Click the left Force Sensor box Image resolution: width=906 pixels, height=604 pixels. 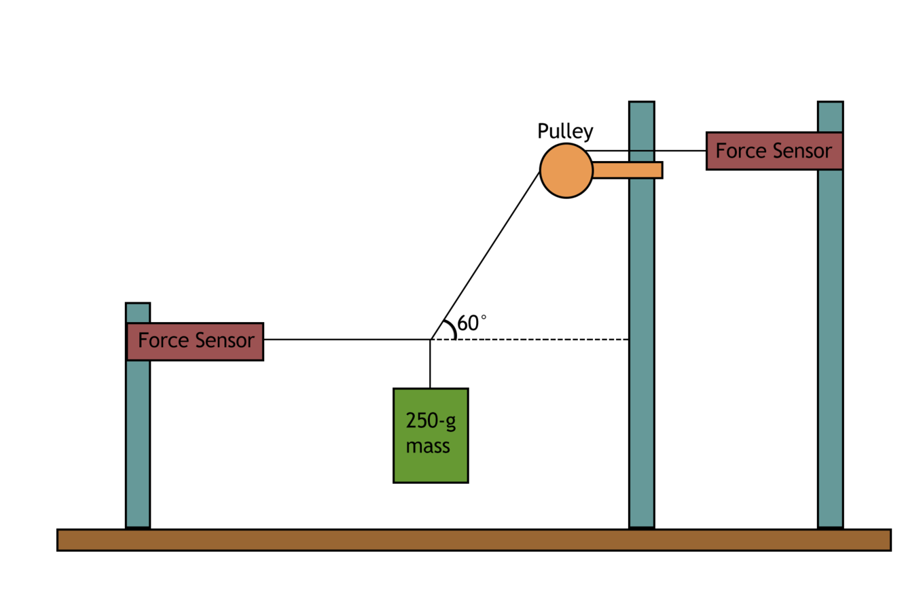(x=194, y=341)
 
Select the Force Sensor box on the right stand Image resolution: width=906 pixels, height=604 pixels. (x=774, y=151)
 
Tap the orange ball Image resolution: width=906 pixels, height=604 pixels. (x=566, y=171)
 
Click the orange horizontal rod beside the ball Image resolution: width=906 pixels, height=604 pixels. (x=626, y=170)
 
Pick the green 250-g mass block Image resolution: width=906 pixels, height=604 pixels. (x=431, y=436)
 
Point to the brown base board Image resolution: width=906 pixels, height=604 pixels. (x=474, y=539)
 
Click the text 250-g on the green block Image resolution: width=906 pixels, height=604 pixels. (x=431, y=421)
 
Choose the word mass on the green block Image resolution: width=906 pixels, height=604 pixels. (x=428, y=446)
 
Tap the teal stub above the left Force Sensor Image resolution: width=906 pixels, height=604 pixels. (x=138, y=313)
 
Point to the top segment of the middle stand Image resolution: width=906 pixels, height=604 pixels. (x=641, y=126)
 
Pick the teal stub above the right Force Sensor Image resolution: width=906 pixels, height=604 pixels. (x=830, y=116)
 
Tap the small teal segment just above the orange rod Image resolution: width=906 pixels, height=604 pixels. (x=641, y=156)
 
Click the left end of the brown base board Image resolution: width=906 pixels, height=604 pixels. (x=68, y=539)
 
